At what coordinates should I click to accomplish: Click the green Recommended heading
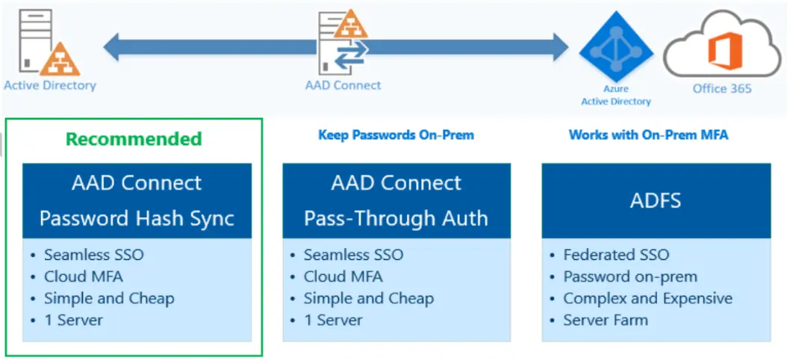point(134,139)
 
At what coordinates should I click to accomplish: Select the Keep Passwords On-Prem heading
point(396,135)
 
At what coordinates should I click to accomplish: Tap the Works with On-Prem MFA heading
point(648,135)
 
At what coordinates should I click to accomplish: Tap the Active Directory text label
point(50,85)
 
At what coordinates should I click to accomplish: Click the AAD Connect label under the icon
point(343,85)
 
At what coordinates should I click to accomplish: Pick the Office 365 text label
point(722,88)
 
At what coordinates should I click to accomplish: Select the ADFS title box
point(655,200)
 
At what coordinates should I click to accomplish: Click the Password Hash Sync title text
point(137,218)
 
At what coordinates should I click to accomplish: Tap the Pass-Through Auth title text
point(396,218)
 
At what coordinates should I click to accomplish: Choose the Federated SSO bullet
point(616,255)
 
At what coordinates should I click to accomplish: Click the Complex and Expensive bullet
point(647,298)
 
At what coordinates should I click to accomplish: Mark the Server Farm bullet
point(606,320)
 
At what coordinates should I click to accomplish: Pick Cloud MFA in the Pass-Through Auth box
point(343,276)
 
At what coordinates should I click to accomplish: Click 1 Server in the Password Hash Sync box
point(73,320)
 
